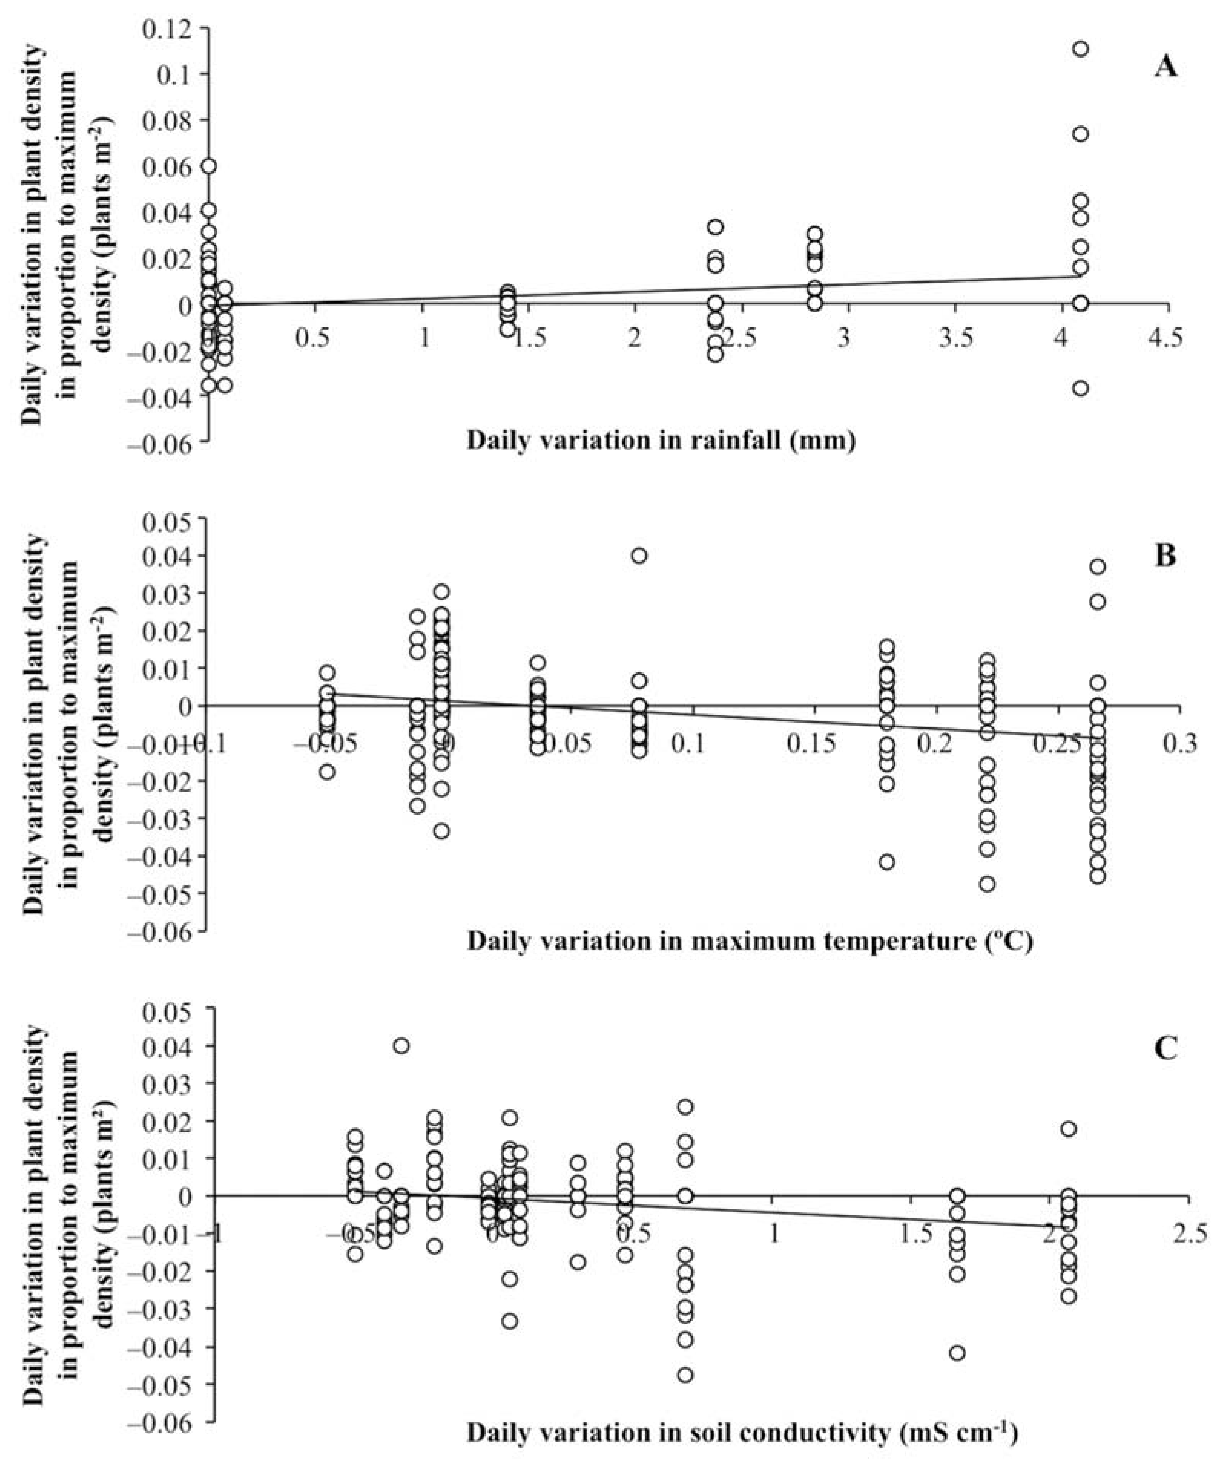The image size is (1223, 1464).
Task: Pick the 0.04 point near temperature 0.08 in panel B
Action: coord(639,555)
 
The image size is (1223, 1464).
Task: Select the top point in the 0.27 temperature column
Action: coord(1098,567)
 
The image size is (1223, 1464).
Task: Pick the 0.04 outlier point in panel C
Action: coord(401,1046)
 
